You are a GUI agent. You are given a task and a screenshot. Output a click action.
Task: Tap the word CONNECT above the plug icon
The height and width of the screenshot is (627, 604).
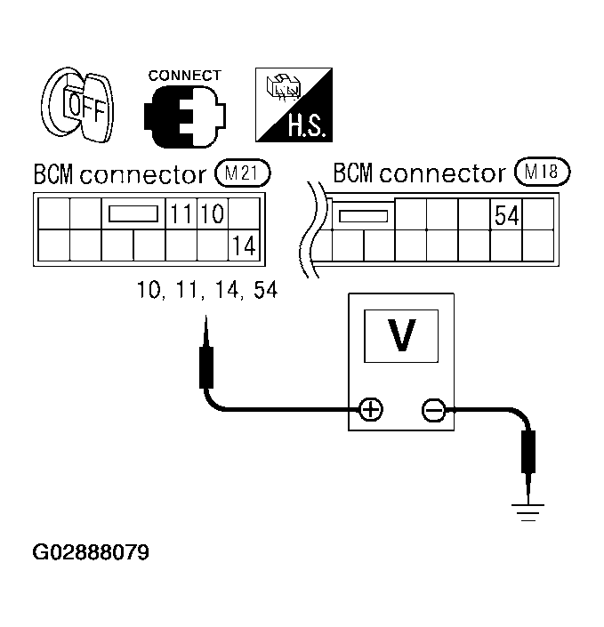pyautogui.click(x=184, y=76)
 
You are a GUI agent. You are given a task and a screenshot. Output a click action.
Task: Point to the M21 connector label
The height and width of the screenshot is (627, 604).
pyautogui.click(x=242, y=173)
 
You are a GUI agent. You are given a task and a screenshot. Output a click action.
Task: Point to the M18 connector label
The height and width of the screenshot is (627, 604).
pyautogui.click(x=542, y=172)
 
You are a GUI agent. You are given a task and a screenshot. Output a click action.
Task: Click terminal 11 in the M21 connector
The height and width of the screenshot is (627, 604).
pyautogui.click(x=181, y=214)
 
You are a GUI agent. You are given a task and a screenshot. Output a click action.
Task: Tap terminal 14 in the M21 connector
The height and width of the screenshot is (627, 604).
pyautogui.click(x=243, y=246)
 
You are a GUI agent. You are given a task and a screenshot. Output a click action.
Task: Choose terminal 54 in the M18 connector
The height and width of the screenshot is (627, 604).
pyautogui.click(x=506, y=214)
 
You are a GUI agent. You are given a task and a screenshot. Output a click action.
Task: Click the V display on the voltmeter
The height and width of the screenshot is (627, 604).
pyautogui.click(x=402, y=335)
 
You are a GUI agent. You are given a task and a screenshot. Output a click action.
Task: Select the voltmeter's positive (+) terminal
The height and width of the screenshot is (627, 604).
pyautogui.click(x=370, y=410)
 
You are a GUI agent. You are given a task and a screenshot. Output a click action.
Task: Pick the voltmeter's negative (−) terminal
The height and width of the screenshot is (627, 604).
pyautogui.click(x=433, y=410)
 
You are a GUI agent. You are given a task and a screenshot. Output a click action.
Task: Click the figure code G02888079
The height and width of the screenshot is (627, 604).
pyautogui.click(x=91, y=552)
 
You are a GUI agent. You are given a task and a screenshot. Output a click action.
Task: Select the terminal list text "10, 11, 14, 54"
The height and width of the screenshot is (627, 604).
pyautogui.click(x=207, y=290)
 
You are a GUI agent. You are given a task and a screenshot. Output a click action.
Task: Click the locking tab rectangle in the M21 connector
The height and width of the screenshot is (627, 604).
pyautogui.click(x=133, y=214)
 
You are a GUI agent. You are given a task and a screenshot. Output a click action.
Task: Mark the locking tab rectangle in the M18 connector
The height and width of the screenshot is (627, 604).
pyautogui.click(x=364, y=215)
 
